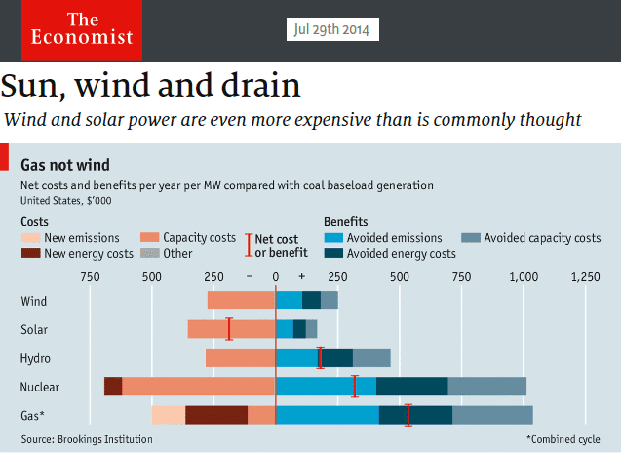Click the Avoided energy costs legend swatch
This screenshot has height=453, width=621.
click(337, 254)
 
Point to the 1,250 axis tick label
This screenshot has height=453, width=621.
click(584, 277)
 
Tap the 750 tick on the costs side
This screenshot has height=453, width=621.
click(90, 277)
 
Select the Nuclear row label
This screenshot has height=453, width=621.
click(40, 387)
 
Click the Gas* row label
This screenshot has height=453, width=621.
click(33, 415)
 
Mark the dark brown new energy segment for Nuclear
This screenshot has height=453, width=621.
click(113, 387)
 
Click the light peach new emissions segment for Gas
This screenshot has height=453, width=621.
click(169, 415)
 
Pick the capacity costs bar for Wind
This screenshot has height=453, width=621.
click(241, 301)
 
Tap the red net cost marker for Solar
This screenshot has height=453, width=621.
click(229, 329)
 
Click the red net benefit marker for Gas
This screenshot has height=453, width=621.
click(408, 415)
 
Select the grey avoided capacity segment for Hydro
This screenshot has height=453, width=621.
click(371, 358)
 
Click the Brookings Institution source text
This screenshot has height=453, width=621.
click(87, 439)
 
